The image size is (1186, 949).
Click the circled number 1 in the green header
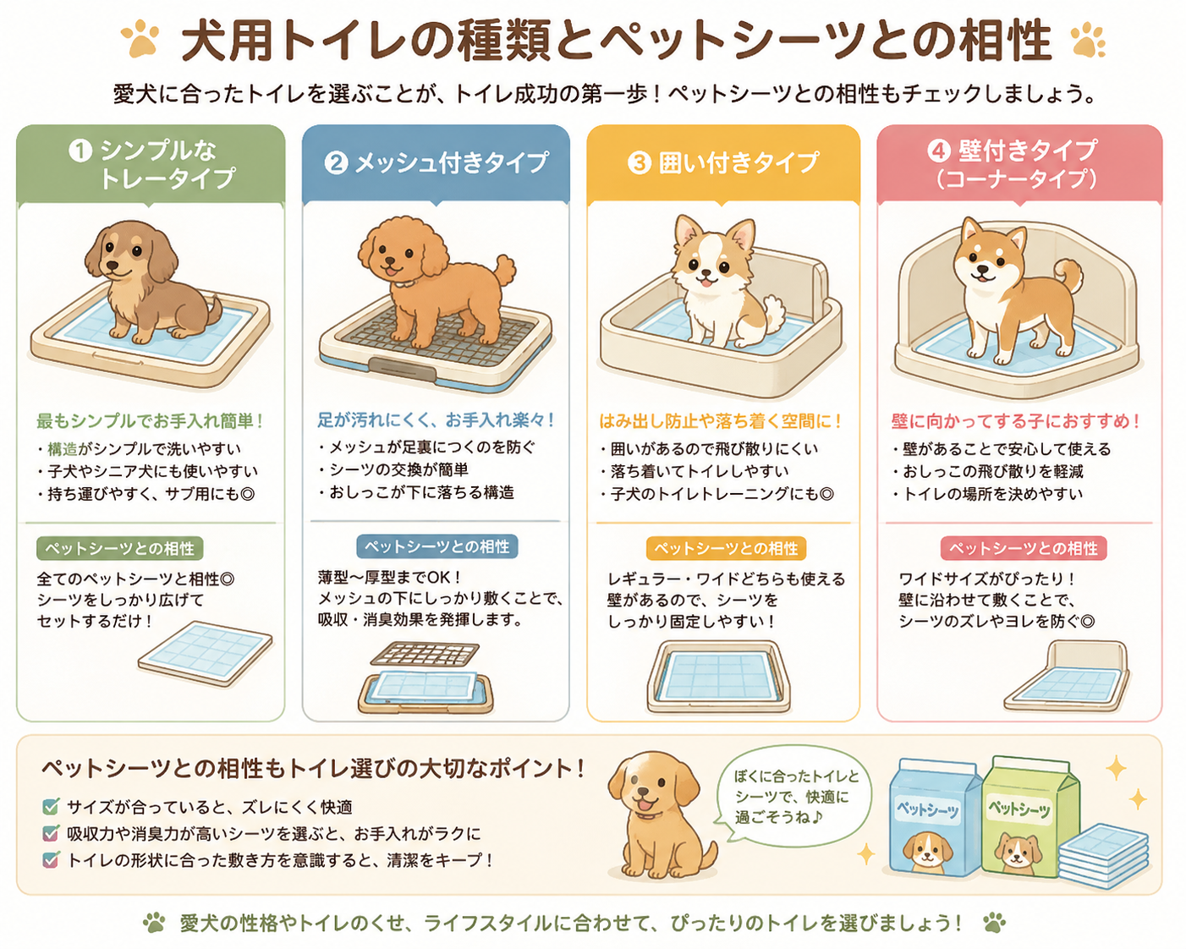coord(80,151)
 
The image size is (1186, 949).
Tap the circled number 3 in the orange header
coord(640,163)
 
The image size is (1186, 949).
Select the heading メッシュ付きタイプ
coord(452,163)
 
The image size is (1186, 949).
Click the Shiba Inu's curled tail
coord(1068,279)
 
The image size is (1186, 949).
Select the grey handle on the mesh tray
coord(403,369)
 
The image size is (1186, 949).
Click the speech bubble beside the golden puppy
coord(793,798)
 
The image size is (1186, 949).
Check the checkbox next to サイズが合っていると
coord(51,806)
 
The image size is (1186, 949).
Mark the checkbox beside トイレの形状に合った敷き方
coord(51,859)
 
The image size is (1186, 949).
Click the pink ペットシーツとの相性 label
coord(1024,548)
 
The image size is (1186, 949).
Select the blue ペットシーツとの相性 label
coord(437,546)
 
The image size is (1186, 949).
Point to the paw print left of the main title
coord(140,39)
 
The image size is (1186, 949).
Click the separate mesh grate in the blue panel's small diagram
coord(425,654)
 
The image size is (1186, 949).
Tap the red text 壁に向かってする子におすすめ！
coord(1016,421)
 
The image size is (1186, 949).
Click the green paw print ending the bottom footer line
coord(995,923)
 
